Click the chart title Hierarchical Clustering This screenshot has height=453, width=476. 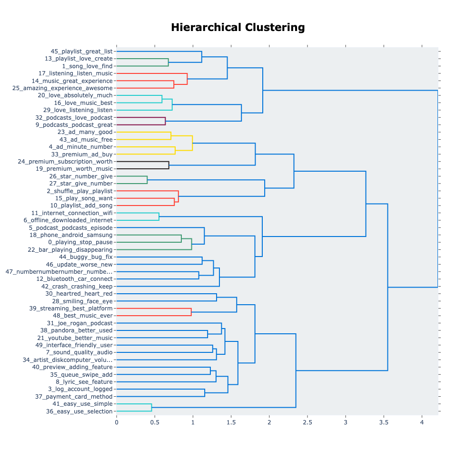pos(238,27)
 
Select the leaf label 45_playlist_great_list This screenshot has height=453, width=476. pos(81,51)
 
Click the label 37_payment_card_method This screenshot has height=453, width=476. pos(74,397)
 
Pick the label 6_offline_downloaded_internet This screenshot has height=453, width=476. pos(68,220)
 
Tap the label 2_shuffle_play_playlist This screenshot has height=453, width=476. pos(79,191)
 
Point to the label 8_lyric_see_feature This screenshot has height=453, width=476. pos(84,382)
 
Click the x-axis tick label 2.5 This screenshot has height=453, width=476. pos(307,422)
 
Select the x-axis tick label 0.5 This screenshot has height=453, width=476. pos(155,422)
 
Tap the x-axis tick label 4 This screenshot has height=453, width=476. pos(422,422)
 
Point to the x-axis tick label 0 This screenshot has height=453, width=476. pos(117,422)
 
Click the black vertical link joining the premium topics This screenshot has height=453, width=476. pos(169,165)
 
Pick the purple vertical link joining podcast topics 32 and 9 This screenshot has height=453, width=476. pos(165,121)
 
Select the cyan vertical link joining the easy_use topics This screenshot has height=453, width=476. pos(151,408)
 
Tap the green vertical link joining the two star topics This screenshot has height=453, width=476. pos(147,180)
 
